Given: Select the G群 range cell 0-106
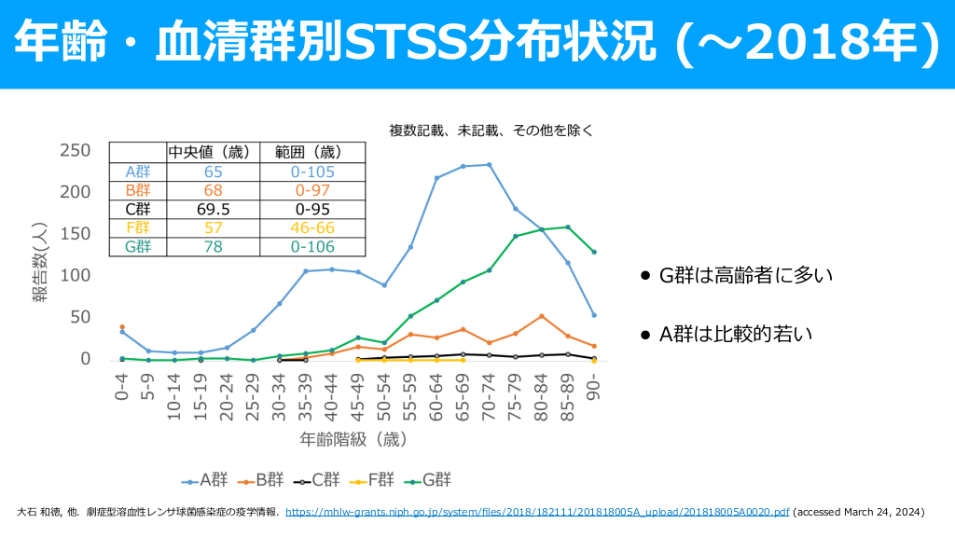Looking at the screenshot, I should [x=312, y=246].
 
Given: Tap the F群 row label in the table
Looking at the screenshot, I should [x=137, y=227].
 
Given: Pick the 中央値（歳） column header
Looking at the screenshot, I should [x=207, y=152].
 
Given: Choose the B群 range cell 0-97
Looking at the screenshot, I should [x=312, y=190].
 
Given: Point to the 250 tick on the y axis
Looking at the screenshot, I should [x=75, y=151].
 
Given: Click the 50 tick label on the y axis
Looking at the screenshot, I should [x=79, y=318].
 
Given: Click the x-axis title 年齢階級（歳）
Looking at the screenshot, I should [x=353, y=437].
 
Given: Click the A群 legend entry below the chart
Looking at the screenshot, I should [x=206, y=480].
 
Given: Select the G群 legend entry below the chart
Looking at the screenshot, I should [x=430, y=480].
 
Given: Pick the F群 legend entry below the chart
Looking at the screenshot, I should [x=373, y=480].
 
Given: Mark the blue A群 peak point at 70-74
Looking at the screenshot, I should [x=490, y=165].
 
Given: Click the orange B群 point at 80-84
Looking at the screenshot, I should [x=542, y=316].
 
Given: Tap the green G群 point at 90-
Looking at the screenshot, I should [x=594, y=252].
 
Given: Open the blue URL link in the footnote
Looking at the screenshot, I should [x=537, y=512].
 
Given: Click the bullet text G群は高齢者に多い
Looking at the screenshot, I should [x=745, y=276].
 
